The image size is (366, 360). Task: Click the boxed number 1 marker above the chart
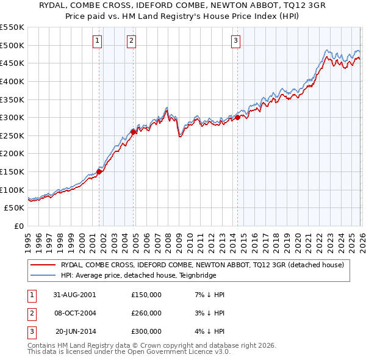coord(98,41)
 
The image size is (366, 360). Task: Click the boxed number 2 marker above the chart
coord(131,41)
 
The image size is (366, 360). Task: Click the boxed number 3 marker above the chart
coord(235,41)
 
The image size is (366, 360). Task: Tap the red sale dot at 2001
coord(99,171)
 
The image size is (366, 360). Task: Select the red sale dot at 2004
coord(133,131)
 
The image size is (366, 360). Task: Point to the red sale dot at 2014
coord(237,117)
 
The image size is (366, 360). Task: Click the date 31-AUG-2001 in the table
coord(74,295)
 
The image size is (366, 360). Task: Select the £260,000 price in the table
coord(146,313)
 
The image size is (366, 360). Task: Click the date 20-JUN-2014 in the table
coord(74,331)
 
